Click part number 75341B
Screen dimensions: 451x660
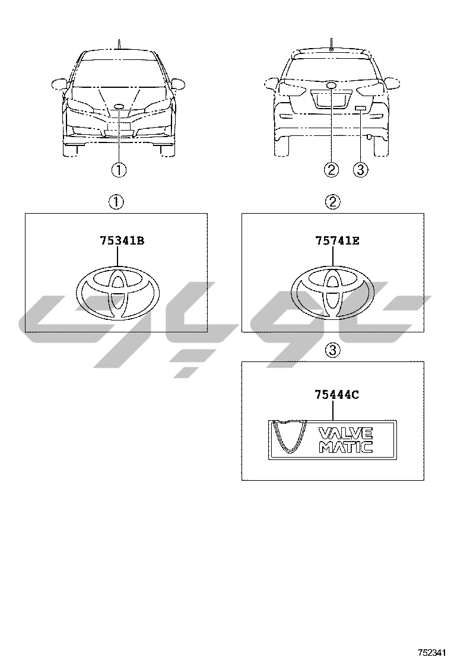(122, 241)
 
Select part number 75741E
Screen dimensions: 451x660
(338, 241)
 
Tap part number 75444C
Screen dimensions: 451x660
(337, 395)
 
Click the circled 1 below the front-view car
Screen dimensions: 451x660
(119, 170)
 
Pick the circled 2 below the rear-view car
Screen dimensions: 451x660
(331, 170)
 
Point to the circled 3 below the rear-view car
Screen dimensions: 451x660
(361, 170)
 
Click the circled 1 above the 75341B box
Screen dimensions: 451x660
(116, 202)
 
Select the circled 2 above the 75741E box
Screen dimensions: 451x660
(332, 202)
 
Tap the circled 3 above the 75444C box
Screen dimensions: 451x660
(332, 350)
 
